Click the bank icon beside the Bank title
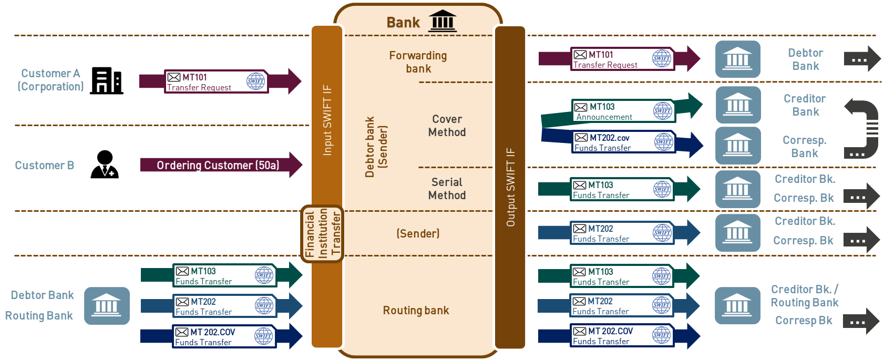click(x=443, y=21)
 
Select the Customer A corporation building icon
click(x=107, y=81)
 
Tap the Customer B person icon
click(x=105, y=164)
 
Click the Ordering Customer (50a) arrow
click(x=218, y=165)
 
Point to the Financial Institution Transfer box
click(x=322, y=233)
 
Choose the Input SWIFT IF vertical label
click(x=327, y=120)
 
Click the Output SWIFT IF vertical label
click(x=510, y=188)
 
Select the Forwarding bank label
click(x=418, y=62)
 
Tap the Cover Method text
click(x=447, y=126)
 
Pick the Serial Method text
click(x=447, y=189)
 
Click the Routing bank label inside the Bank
click(x=416, y=311)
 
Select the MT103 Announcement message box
click(x=623, y=111)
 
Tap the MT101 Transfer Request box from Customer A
click(x=216, y=81)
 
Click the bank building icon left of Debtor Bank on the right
click(x=737, y=59)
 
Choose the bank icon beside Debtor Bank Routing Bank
click(x=107, y=305)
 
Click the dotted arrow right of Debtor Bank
click(x=862, y=59)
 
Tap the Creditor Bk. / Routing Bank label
click(x=804, y=296)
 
